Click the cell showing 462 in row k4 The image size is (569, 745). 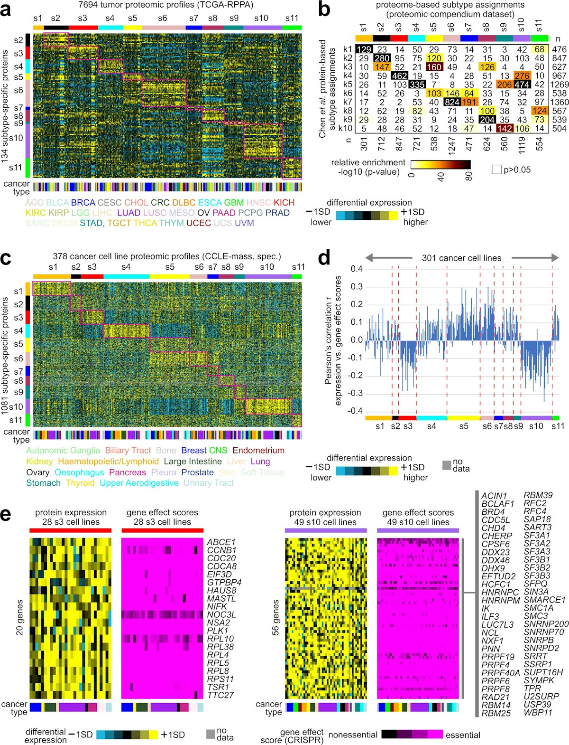[399, 75]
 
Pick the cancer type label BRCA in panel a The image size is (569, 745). [83, 203]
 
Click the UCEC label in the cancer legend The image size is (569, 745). [199, 223]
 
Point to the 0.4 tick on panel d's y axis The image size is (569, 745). [357, 269]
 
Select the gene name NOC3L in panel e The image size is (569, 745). [221, 614]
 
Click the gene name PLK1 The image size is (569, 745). [218, 631]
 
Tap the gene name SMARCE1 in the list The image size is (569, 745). [544, 600]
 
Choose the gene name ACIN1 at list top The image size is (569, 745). [494, 496]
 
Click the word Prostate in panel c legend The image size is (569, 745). [198, 472]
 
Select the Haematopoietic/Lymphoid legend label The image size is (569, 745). [108, 462]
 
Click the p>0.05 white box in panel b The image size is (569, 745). [496, 170]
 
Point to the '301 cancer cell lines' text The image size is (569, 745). [461, 258]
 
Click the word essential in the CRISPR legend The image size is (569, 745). [463, 735]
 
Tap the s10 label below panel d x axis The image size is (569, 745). [536, 426]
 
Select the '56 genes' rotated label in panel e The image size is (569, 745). [276, 617]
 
